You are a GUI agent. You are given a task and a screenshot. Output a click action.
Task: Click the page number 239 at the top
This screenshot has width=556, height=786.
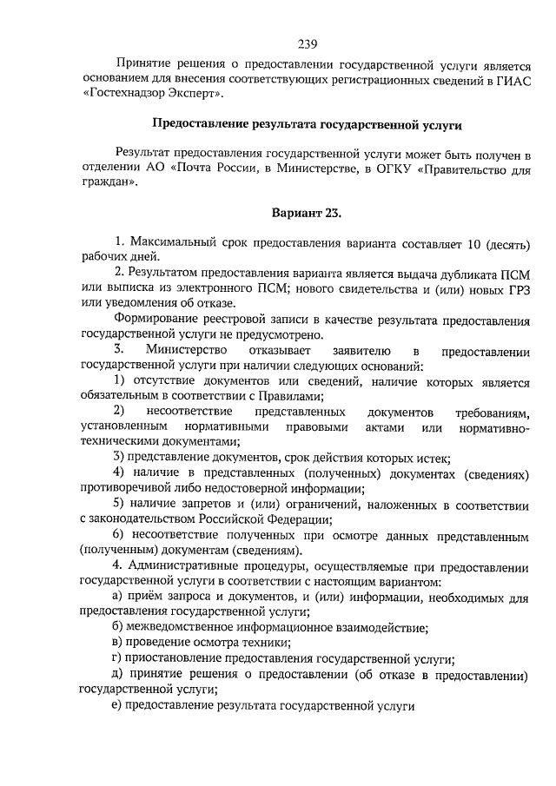[306, 44]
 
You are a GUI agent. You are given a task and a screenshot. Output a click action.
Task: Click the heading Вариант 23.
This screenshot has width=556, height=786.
[307, 213]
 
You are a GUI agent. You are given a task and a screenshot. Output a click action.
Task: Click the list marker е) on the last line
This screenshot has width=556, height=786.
[116, 706]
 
